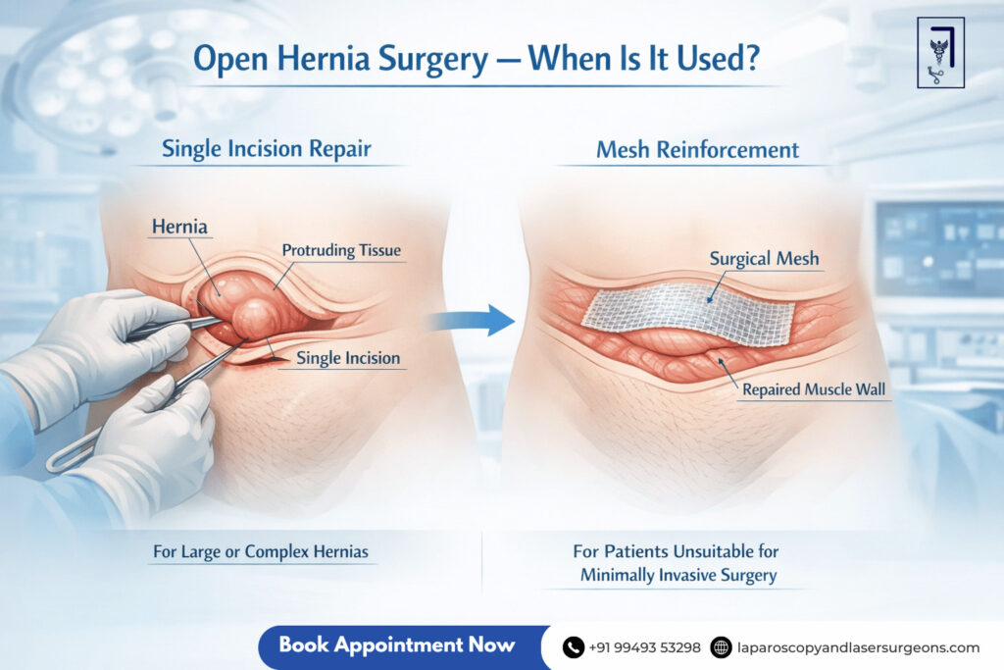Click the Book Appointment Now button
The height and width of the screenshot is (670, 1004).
pos(396,645)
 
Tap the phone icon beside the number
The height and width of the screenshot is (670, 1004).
pos(573,647)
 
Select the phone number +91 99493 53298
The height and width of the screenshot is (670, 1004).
pos(644,647)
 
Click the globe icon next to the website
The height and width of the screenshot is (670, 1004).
pos(721,647)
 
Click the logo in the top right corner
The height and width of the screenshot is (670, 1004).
pos(940,52)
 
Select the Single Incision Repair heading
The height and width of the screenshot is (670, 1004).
pos(267,149)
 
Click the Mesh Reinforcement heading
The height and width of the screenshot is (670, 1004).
pos(697,150)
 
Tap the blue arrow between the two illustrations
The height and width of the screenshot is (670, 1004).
pos(486,320)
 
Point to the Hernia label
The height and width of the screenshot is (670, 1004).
pos(178,228)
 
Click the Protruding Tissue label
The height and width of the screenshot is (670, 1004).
pos(341,251)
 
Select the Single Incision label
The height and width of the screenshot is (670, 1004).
pos(347,358)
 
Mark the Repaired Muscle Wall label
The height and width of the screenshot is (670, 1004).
pos(813,389)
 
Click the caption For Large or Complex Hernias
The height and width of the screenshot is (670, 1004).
pos(261,551)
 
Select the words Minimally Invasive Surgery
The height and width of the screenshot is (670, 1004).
pos(678,575)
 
